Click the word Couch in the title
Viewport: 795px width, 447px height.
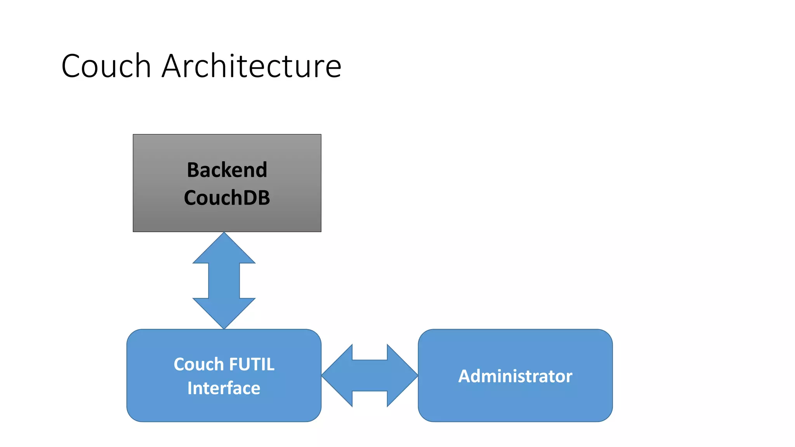click(x=106, y=66)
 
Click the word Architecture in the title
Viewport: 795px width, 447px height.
click(x=252, y=66)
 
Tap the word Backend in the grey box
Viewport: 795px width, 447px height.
click(x=227, y=170)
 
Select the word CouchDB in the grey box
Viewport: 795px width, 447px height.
click(x=227, y=198)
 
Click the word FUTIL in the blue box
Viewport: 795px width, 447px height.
click(x=252, y=364)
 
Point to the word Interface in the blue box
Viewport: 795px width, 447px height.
click(x=224, y=388)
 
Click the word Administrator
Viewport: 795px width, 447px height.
click(x=515, y=376)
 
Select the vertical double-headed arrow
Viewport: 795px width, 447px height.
click(x=224, y=281)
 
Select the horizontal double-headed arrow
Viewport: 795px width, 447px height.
click(x=370, y=376)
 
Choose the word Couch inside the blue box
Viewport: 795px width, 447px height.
click(x=198, y=364)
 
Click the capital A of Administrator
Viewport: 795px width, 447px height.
click(x=465, y=376)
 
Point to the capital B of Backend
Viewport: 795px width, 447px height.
click(x=193, y=170)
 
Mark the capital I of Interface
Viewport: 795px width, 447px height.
click(x=190, y=388)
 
